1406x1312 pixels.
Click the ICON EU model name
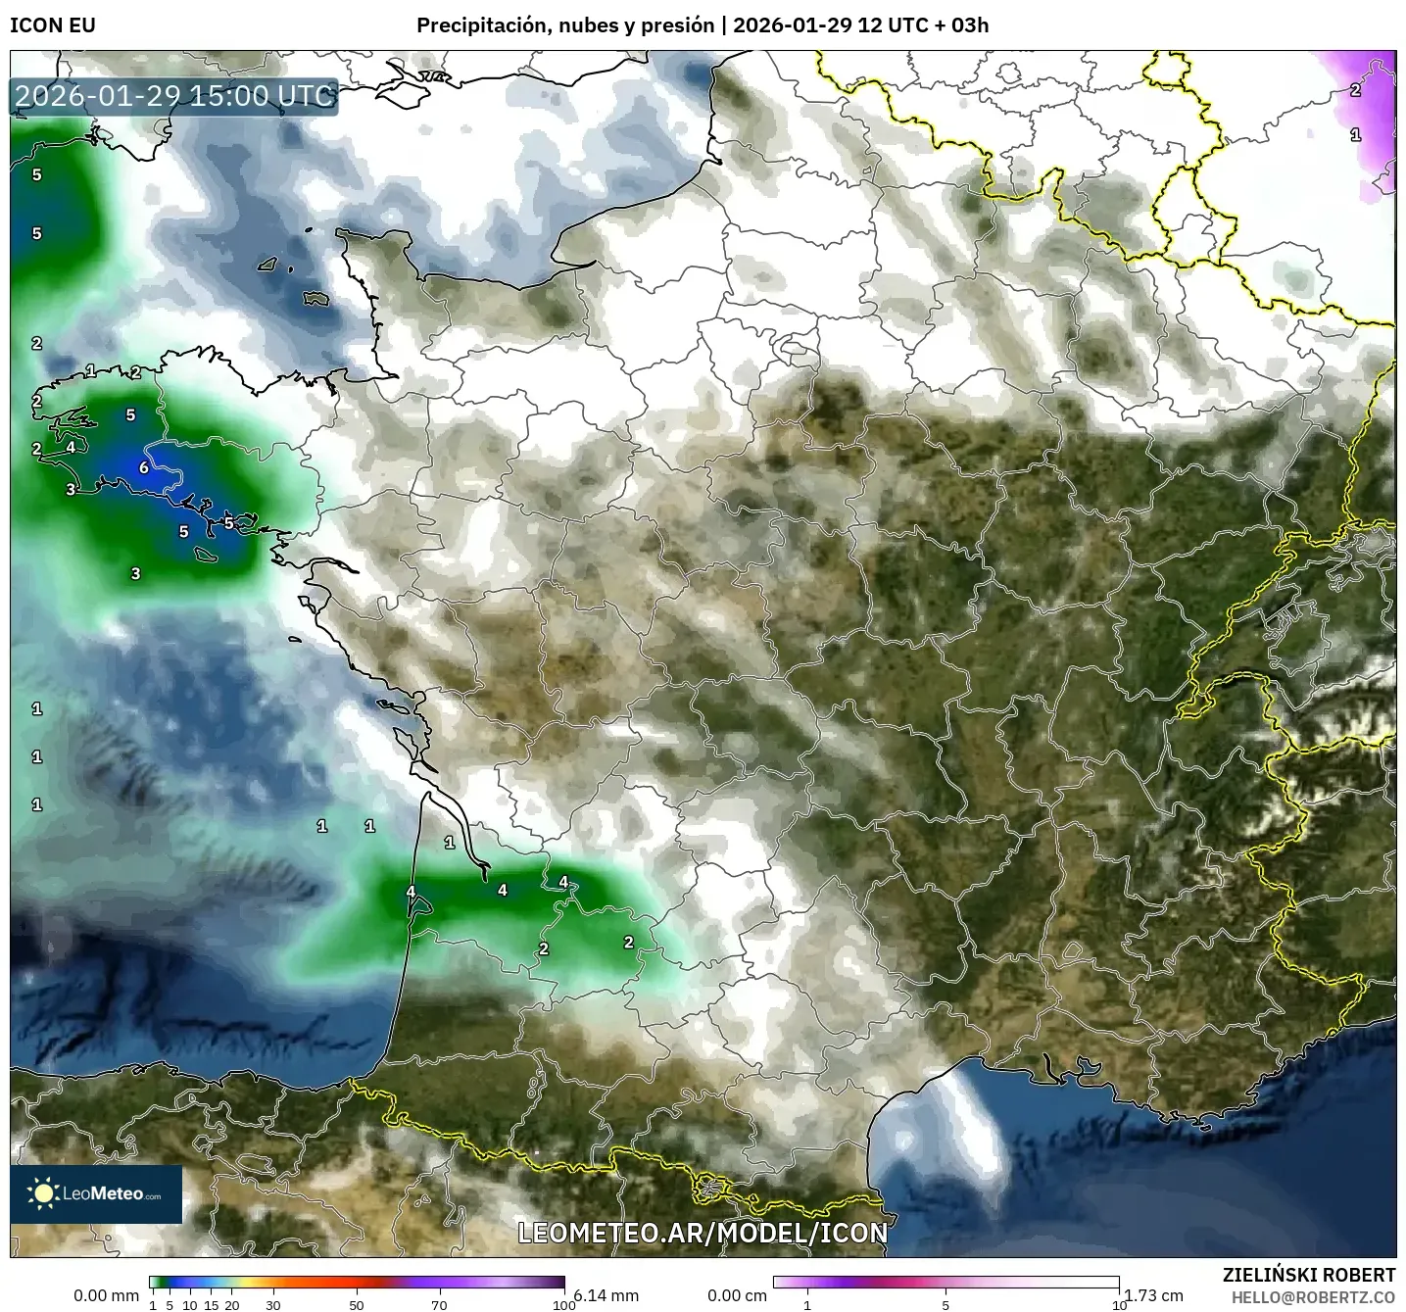click(53, 25)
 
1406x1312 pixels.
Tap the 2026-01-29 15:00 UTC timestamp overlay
click(174, 96)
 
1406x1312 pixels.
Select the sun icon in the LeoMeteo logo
click(42, 1193)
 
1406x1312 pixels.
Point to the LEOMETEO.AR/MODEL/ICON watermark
click(703, 1233)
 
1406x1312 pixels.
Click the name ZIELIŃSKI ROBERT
click(1309, 1275)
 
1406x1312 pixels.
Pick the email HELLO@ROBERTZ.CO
click(1313, 1297)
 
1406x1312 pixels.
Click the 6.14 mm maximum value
click(606, 1295)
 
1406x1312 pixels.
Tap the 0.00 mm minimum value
click(106, 1295)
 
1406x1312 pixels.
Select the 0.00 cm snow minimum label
click(737, 1295)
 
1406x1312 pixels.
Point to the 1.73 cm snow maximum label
click(1153, 1295)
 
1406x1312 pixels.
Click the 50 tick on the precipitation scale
click(357, 1305)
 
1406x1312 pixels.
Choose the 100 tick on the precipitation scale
click(563, 1305)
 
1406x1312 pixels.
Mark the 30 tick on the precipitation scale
click(273, 1305)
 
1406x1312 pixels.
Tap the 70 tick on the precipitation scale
click(439, 1305)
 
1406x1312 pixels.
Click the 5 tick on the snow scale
click(945, 1305)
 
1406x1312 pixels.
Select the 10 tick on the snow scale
click(1119, 1305)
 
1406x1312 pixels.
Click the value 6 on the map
click(144, 467)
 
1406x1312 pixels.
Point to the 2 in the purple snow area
click(1355, 90)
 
